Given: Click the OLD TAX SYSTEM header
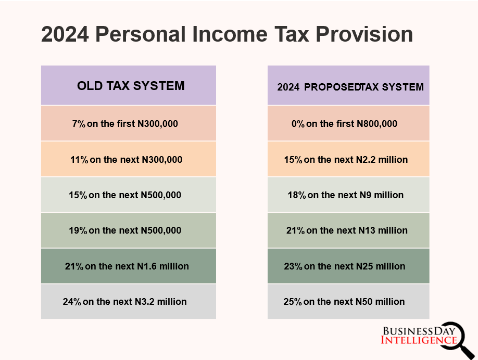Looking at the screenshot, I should [x=130, y=86].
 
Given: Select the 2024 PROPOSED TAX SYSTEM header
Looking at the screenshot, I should [x=350, y=87].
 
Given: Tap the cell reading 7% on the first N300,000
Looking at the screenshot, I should [x=125, y=124].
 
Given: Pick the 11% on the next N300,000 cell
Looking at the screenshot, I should [x=126, y=160].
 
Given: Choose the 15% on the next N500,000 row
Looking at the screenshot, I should [x=125, y=195].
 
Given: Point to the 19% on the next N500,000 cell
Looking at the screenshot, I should [x=125, y=230].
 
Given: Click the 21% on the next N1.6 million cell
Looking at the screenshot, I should [x=127, y=266].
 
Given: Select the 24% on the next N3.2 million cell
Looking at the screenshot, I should [x=125, y=302].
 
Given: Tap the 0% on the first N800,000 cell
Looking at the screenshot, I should [x=344, y=124].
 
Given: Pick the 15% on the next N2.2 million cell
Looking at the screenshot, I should [x=346, y=160].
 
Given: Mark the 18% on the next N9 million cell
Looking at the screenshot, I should [x=345, y=195].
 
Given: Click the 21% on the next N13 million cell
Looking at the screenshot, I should [x=347, y=230].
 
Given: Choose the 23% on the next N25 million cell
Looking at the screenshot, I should [x=344, y=266].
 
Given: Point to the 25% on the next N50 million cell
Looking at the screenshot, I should [x=344, y=302].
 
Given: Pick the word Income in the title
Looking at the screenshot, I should [x=224, y=35].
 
